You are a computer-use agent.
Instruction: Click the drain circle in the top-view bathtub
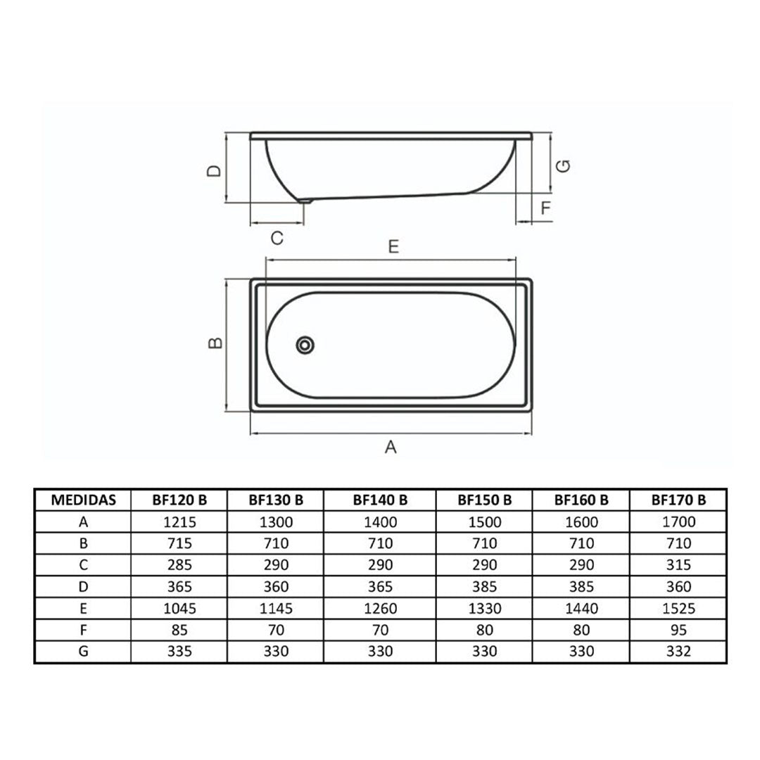305,345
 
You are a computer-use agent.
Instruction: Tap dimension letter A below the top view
391,447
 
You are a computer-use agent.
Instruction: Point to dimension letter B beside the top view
215,343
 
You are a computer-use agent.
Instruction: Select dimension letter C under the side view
277,238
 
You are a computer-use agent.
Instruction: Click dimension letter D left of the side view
214,170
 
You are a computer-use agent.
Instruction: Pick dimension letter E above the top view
393,247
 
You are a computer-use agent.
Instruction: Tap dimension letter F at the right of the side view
546,208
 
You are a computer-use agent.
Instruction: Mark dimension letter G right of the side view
563,166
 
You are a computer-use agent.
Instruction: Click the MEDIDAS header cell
83,500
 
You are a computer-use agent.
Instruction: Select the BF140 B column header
381,500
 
